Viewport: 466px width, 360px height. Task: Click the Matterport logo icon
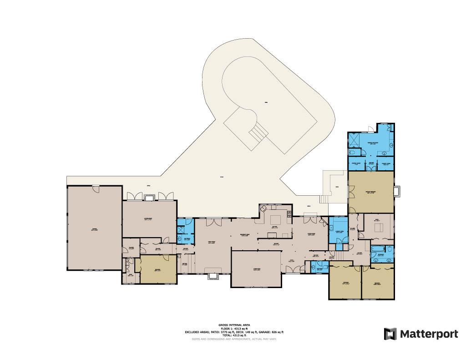click(x=390, y=334)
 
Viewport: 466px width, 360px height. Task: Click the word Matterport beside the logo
click(x=429, y=334)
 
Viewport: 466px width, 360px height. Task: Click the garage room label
click(x=95, y=229)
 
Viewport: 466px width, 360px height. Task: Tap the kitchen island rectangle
click(x=274, y=235)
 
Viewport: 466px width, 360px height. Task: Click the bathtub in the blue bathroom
click(x=377, y=249)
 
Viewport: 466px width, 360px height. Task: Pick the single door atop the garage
click(x=95, y=188)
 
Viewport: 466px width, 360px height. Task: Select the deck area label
click(x=336, y=187)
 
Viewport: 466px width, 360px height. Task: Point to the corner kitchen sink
click(x=264, y=208)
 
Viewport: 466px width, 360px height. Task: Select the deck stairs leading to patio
click(x=324, y=199)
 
